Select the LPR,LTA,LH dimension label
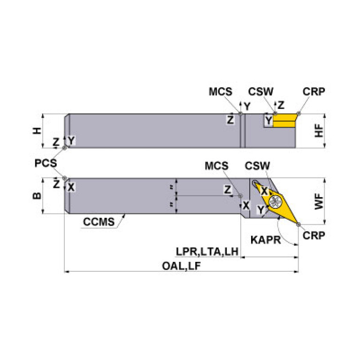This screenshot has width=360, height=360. pos(207,252)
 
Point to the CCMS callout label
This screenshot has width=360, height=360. pos(99,222)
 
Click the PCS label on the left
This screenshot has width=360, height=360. pos(46,163)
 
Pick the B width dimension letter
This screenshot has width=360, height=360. pos(36,196)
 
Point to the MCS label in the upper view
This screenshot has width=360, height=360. pos(220,92)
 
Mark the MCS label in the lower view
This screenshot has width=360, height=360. pos(217,166)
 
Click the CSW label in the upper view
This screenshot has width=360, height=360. pos(261,92)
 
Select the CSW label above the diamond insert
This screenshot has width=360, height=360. pos(258,166)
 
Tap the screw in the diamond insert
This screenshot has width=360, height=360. pos(274,203)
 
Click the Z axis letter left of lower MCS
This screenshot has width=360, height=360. pos(228,190)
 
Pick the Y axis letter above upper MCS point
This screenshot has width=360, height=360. pos(247,106)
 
